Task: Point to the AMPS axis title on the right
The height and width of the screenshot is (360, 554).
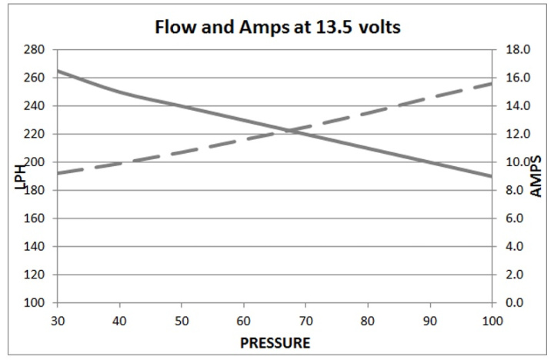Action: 537,175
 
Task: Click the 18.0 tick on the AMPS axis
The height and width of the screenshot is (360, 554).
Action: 514,50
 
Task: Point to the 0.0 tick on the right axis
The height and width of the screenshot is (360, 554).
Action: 514,303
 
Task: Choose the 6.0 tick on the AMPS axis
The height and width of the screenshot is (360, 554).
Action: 514,218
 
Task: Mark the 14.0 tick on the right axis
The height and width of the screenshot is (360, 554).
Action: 514,106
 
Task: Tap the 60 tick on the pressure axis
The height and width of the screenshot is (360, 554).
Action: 244,318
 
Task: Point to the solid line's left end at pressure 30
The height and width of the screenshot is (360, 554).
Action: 58,71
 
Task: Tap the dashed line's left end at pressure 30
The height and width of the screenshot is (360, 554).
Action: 58,173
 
